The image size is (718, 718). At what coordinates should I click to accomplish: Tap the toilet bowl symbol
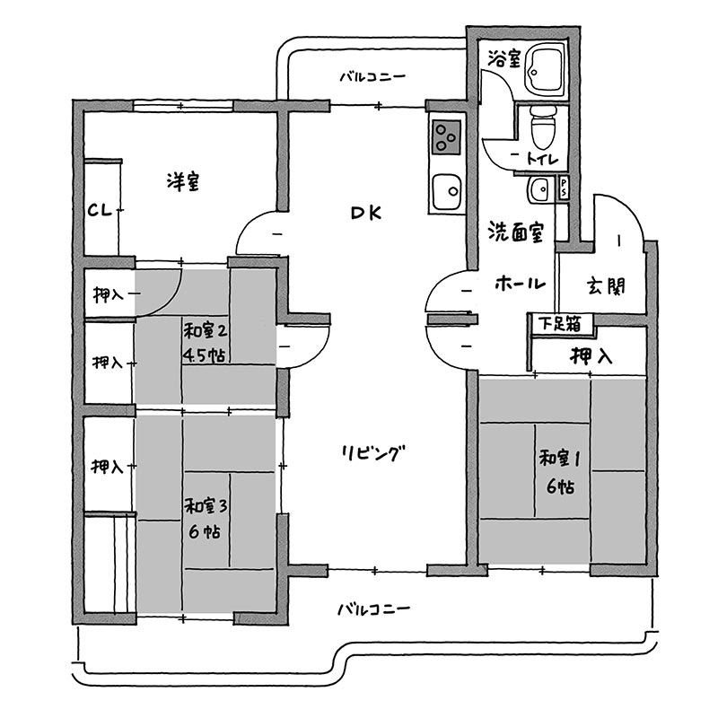click(x=543, y=127)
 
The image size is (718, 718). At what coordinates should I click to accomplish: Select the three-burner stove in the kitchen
click(x=446, y=137)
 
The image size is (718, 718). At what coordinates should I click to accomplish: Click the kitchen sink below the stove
click(x=447, y=191)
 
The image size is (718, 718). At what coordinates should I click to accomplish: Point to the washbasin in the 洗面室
click(x=540, y=189)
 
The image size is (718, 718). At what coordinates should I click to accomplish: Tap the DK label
click(x=366, y=213)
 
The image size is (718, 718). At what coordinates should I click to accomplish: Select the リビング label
click(x=373, y=453)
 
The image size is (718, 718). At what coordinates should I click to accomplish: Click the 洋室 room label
click(x=183, y=181)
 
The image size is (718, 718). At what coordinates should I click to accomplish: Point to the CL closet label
click(x=101, y=211)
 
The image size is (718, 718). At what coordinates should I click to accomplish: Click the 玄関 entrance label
click(x=605, y=286)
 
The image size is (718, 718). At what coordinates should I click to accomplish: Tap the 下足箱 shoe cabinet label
click(x=559, y=324)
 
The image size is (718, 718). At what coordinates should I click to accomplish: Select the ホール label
click(x=521, y=284)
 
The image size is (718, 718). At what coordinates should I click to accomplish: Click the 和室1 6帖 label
click(x=560, y=472)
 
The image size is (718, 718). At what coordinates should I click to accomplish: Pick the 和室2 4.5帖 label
click(x=206, y=343)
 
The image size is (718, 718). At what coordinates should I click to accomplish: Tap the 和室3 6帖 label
click(x=206, y=519)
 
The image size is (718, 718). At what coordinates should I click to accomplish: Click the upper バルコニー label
click(x=372, y=76)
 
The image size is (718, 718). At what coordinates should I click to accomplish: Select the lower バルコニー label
click(x=373, y=609)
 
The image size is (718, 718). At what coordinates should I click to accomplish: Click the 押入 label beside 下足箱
click(x=591, y=355)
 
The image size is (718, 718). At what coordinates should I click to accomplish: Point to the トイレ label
click(x=543, y=159)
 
